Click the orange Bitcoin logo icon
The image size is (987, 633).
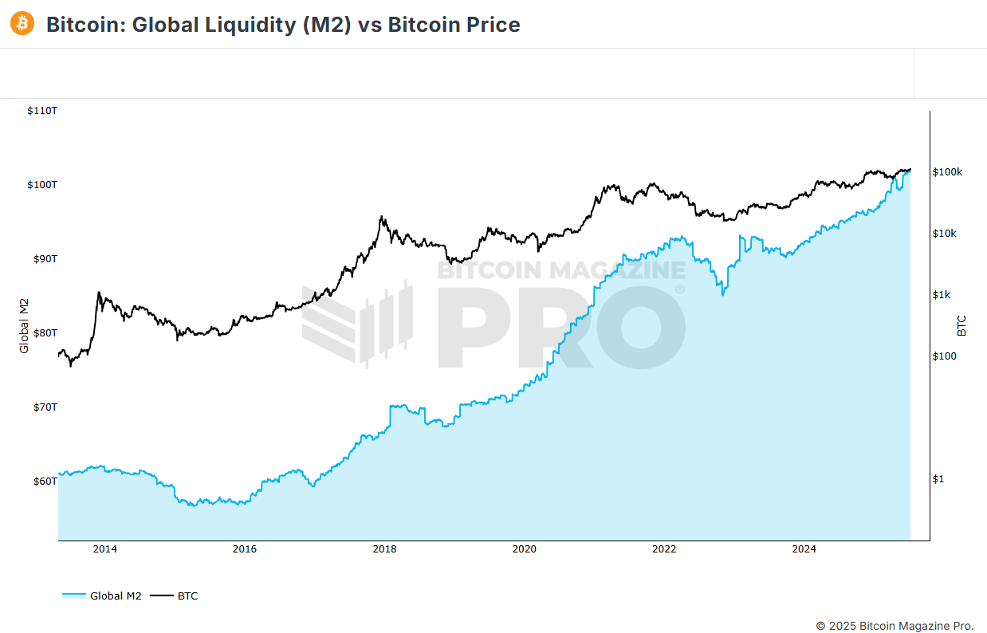tap(22, 24)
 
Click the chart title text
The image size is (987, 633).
tap(283, 25)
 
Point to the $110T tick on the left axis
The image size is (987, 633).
tap(42, 110)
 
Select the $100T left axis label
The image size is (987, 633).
tap(42, 184)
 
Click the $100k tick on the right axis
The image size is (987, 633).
tap(948, 171)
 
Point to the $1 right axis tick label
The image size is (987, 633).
tap(938, 478)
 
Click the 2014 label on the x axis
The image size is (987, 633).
tap(105, 548)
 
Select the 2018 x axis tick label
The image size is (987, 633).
tap(384, 548)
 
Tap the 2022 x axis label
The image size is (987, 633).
tap(664, 548)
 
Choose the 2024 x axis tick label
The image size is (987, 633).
tap(804, 548)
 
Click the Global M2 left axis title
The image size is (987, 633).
tap(24, 325)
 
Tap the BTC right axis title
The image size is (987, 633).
tap(961, 325)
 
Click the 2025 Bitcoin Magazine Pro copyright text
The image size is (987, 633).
tap(895, 625)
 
